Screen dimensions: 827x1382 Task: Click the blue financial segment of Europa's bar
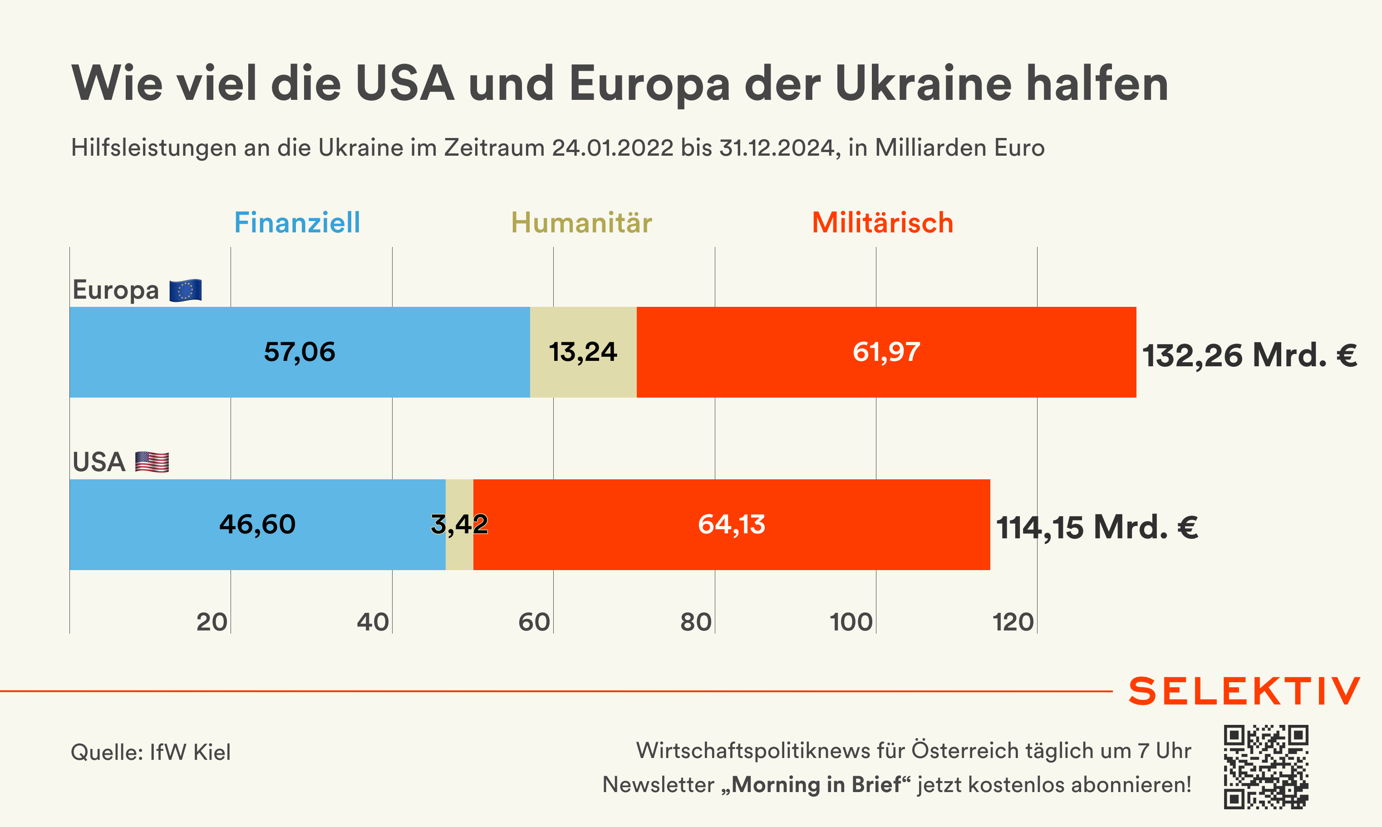click(x=300, y=352)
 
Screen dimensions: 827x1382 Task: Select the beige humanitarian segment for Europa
click(x=583, y=352)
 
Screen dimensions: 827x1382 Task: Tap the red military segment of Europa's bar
click(x=886, y=352)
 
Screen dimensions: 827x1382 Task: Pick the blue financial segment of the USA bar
click(x=257, y=524)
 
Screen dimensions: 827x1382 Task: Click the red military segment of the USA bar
click(x=731, y=524)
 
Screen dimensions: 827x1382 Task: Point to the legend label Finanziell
click(x=297, y=223)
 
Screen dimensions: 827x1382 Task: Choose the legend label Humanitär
click(x=581, y=223)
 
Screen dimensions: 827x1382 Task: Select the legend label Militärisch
click(x=883, y=223)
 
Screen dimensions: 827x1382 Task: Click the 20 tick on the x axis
click(x=212, y=622)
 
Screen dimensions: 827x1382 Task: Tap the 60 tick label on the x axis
click(x=534, y=622)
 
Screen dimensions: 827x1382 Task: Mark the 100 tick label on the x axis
click(x=851, y=622)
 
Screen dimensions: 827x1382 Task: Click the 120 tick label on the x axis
click(x=1013, y=622)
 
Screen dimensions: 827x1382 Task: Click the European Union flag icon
click(x=186, y=290)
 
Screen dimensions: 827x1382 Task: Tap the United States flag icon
click(x=152, y=462)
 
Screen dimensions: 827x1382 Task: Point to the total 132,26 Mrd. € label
click(x=1249, y=355)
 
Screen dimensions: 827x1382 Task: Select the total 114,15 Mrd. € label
click(x=1097, y=527)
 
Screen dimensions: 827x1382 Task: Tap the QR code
click(x=1265, y=767)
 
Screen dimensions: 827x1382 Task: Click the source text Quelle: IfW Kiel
click(x=151, y=752)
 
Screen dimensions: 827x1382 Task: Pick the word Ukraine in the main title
click(x=923, y=84)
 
